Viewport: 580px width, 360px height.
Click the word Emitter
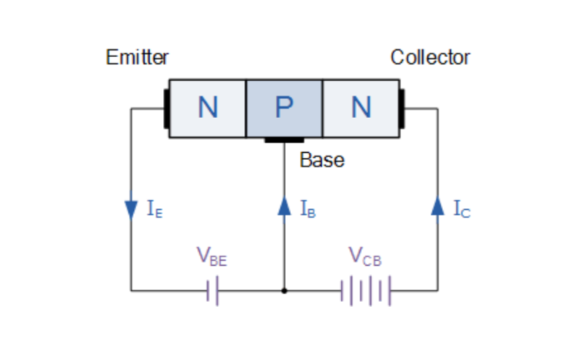(137, 57)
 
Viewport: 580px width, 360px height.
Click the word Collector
(430, 57)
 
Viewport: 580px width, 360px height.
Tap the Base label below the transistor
(321, 160)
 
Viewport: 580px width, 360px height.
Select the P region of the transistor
(284, 108)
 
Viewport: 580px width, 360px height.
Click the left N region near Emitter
(208, 108)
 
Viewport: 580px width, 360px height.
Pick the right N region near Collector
(361, 108)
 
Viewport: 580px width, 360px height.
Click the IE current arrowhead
(131, 209)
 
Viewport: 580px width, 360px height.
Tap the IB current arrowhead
(284, 207)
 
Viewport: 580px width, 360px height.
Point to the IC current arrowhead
(437, 207)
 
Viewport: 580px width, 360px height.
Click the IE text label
(154, 210)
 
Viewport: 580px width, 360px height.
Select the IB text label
(307, 210)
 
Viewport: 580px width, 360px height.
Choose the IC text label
(461, 210)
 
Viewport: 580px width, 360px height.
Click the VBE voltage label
(211, 256)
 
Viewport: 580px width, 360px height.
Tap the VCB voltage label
(365, 256)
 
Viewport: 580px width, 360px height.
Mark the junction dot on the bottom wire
(284, 292)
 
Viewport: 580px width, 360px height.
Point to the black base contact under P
(284, 139)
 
